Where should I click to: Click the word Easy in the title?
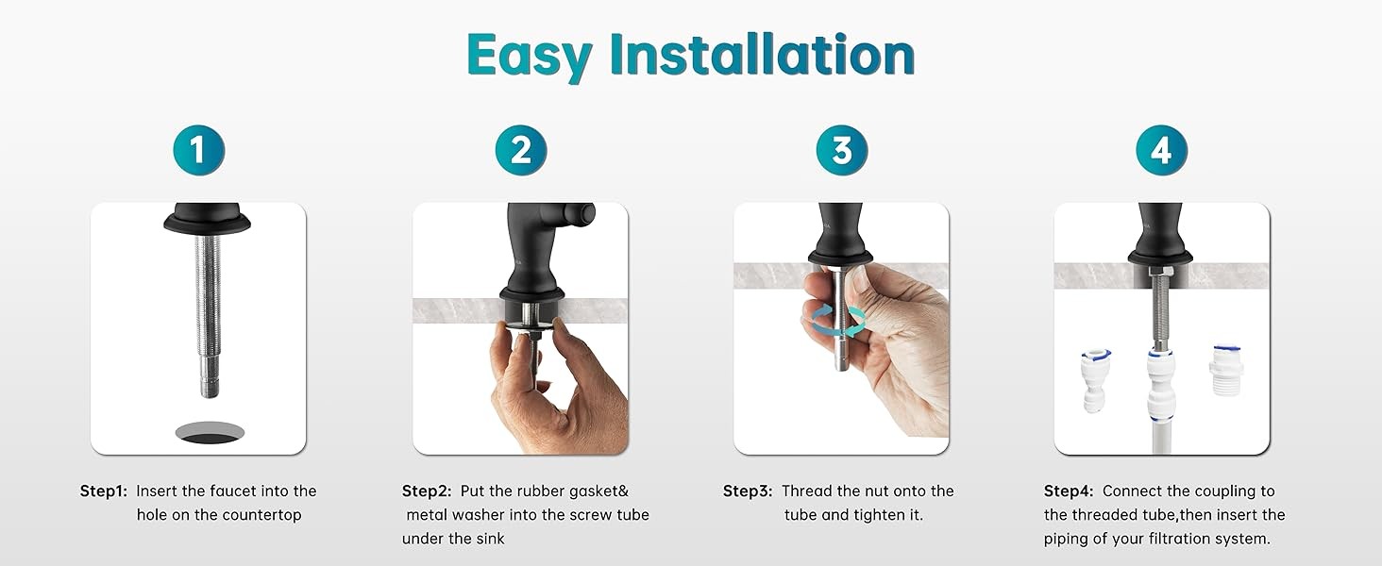[530, 57]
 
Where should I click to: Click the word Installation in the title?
[762, 55]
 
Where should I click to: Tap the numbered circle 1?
[198, 150]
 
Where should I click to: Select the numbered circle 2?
[521, 150]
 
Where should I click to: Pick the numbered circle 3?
[841, 150]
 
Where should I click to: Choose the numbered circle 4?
[1162, 150]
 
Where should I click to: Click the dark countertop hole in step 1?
[210, 433]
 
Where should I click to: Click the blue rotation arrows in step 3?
[838, 322]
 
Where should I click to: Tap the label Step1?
[104, 491]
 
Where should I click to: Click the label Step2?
[426, 491]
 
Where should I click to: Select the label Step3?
[747, 491]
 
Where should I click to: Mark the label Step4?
[1068, 491]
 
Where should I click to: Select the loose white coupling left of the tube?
[1095, 380]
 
